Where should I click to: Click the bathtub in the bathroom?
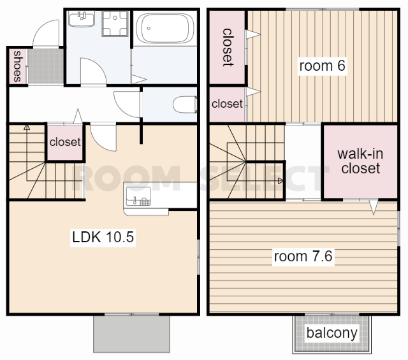[165, 28]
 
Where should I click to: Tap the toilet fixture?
[185, 104]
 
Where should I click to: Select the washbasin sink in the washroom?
[82, 19]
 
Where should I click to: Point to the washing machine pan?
[115, 24]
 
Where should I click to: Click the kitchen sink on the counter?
[138, 196]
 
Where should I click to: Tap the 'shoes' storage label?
[17, 66]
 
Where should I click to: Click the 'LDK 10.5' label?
[103, 237]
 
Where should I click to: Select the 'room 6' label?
[322, 66]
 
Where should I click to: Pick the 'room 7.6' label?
[303, 256]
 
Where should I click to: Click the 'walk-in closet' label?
[360, 161]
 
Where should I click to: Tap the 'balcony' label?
[331, 333]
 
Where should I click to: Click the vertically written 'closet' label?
[227, 47]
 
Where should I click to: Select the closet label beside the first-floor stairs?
[65, 142]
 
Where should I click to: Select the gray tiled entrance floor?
[46, 66]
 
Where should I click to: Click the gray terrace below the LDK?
[132, 334]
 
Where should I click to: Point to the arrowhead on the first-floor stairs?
[27, 127]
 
